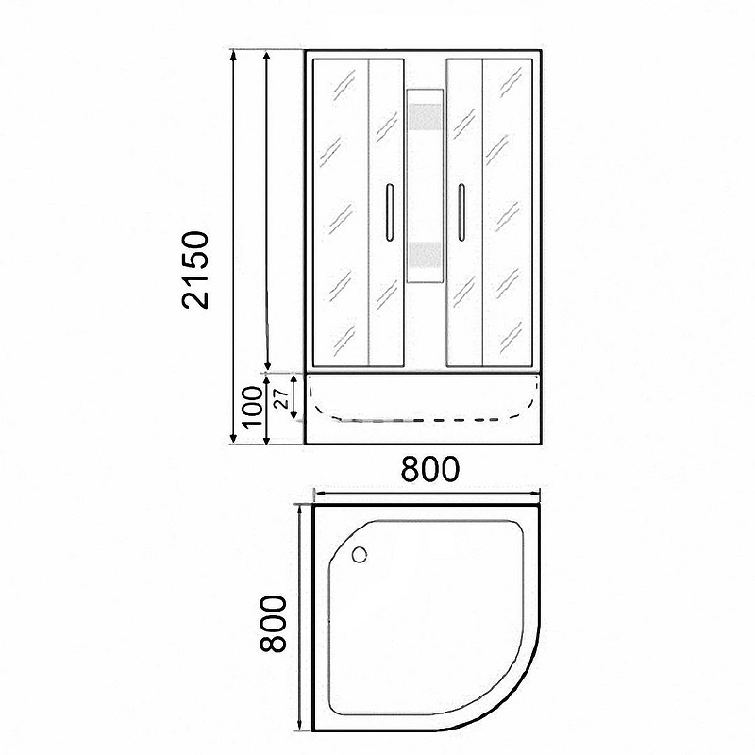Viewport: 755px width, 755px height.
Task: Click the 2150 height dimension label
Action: tap(195, 270)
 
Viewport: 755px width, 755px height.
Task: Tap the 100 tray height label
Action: tap(252, 408)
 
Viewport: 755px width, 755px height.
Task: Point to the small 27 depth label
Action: tap(280, 398)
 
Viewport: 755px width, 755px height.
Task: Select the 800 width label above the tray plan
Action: tap(430, 469)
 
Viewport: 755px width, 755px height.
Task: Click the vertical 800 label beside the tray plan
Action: tap(273, 624)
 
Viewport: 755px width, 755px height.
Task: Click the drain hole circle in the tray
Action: tap(360, 555)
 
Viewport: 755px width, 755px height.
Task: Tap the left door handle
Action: tap(390, 211)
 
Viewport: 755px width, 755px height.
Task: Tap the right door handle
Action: tap(461, 211)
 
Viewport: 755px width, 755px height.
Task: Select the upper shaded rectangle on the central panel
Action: tap(424, 117)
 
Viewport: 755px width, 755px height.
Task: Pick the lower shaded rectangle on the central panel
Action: tap(424, 255)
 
